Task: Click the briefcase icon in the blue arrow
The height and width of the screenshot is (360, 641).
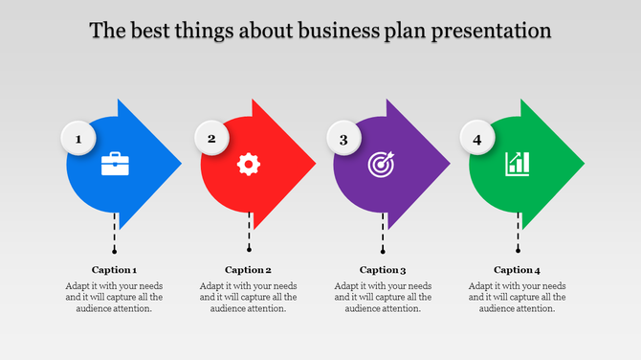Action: point(116,164)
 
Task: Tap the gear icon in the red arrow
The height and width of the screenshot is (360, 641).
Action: point(249,164)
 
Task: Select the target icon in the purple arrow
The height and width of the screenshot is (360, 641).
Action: point(382,164)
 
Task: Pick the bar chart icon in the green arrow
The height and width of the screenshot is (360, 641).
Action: point(518,163)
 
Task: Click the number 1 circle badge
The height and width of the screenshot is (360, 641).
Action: point(79,140)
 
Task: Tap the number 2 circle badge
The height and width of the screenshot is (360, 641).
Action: point(212,139)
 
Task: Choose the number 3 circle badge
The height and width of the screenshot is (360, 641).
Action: point(344,140)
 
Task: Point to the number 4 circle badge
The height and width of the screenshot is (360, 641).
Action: point(477,140)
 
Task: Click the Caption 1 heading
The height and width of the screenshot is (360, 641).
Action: point(115,270)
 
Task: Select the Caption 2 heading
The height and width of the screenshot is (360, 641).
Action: point(249,270)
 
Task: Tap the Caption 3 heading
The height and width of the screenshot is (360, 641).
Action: point(383,270)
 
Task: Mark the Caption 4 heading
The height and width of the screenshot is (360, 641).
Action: point(518,270)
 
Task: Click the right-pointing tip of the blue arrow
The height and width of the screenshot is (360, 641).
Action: point(178,164)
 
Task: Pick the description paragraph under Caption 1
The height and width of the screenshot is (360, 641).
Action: point(115,297)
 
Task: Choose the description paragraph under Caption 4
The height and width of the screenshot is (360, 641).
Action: point(518,297)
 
